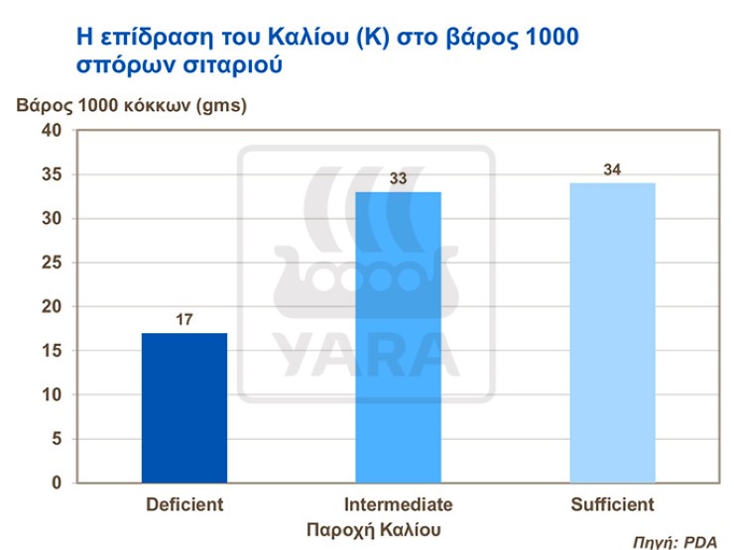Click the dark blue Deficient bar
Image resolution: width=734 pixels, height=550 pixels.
184,407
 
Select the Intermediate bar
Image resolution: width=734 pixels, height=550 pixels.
398,337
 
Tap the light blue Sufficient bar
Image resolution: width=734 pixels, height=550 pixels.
612,332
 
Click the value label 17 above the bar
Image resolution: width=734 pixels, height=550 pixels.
184,321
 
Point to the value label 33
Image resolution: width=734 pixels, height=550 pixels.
398,179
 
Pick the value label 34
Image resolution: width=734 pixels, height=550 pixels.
612,169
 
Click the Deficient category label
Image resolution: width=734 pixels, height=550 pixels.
184,503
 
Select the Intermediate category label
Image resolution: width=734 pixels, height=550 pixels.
398,503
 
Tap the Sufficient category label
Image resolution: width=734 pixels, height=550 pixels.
612,503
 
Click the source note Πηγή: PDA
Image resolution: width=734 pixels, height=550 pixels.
674,542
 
